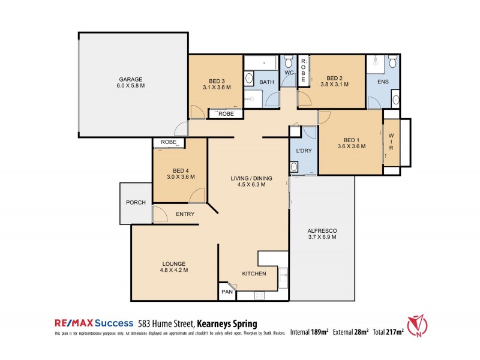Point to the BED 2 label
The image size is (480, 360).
click(334, 78)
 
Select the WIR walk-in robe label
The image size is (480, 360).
click(391, 142)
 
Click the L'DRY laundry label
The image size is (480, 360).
click(304, 151)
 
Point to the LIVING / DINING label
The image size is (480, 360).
click(252, 178)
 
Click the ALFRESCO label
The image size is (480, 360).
click(322, 230)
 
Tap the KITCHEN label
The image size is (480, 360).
click(254, 274)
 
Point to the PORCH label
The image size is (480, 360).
click(136, 202)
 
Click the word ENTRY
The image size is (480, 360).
click(184, 214)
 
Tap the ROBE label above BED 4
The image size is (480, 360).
click(169, 143)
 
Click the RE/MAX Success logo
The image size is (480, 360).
click(91, 322)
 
